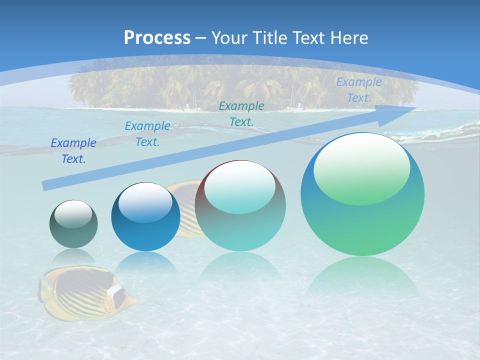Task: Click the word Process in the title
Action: coord(157,37)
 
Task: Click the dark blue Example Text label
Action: coord(73,151)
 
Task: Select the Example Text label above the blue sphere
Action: coord(147,134)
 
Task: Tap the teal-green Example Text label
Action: coord(241,113)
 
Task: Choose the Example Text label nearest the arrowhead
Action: coord(358,90)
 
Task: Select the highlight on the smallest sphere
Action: coord(73,214)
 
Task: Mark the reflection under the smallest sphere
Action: coord(73,257)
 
